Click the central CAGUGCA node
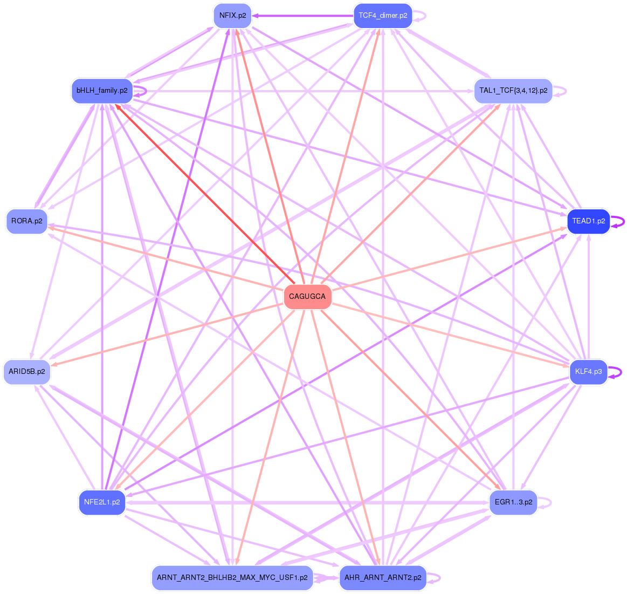tap(307, 297)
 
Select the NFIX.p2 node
tap(232, 15)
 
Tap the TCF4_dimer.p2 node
tap(383, 15)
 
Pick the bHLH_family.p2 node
tap(102, 91)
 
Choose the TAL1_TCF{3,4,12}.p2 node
tap(513, 91)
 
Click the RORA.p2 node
tap(27, 221)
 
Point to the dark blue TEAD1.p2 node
tap(588, 221)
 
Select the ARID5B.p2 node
tap(27, 372)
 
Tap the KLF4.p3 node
tap(588, 372)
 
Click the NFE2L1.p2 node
tap(102, 502)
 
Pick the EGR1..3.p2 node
tap(513, 502)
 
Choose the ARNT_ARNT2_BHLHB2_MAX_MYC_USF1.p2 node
tap(232, 578)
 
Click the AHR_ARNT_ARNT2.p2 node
tap(383, 578)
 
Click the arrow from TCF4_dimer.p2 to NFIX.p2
tap(302, 15)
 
